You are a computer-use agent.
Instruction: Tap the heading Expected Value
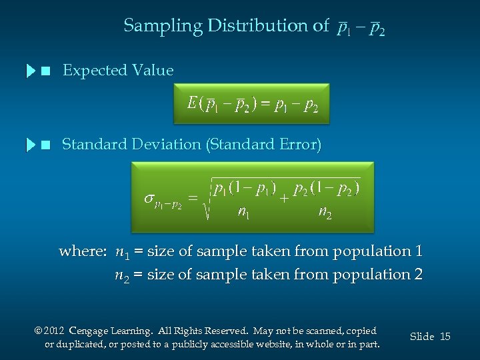pos(117,71)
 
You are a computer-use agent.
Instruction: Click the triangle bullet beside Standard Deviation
pos(31,145)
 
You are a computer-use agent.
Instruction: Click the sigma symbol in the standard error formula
pos(149,198)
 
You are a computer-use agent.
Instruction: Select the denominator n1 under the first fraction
pos(245,213)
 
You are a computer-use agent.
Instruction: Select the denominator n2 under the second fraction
pos(325,213)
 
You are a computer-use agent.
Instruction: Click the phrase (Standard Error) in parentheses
pos(265,145)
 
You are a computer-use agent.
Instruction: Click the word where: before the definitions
pos(83,252)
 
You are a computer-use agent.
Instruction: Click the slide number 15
pos(445,337)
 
